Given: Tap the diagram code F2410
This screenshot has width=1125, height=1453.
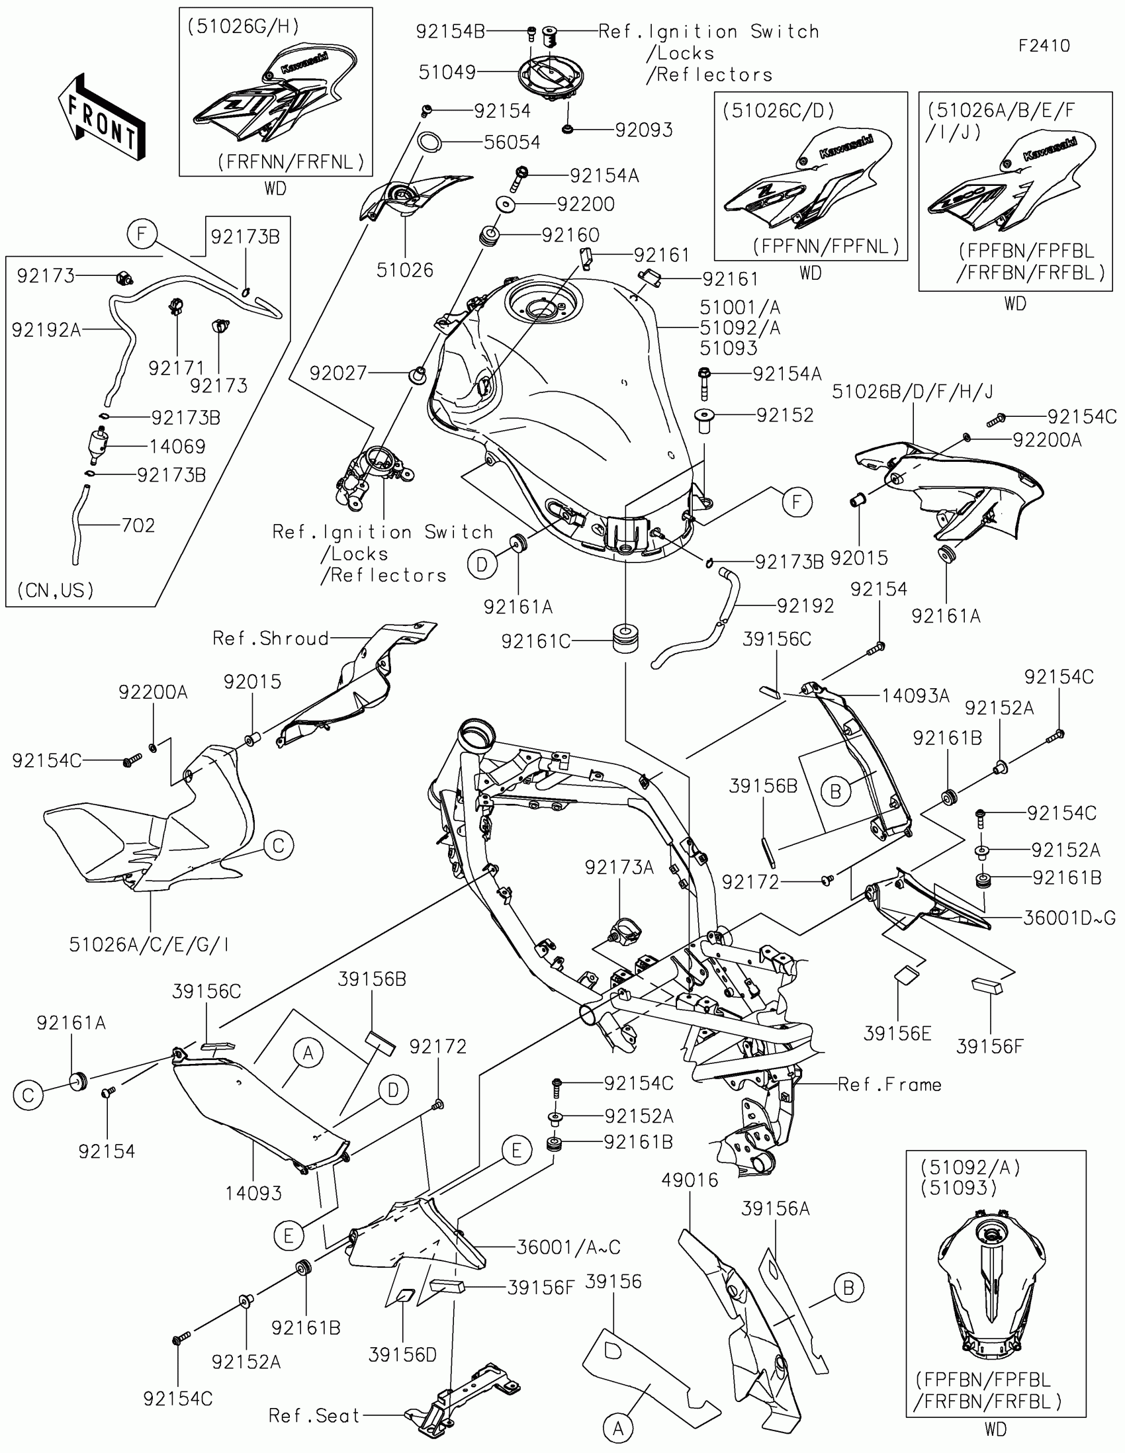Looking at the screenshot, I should (1044, 46).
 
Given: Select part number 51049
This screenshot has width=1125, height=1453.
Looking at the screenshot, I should (447, 72).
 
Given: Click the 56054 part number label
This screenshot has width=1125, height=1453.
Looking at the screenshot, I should (512, 142).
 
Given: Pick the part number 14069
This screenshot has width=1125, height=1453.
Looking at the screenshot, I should (177, 447).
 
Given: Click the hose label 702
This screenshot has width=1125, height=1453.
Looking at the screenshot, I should (138, 525).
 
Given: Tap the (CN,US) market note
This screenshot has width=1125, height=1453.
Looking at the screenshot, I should (55, 590).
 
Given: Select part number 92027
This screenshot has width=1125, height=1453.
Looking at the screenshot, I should (338, 373).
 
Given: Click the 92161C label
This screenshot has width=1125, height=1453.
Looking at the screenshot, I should (535, 641).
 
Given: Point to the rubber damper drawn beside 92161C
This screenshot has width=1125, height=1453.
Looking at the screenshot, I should (625, 638).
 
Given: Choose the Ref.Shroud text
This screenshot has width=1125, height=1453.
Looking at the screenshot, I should (270, 638).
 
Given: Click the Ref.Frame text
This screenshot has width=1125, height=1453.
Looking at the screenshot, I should (889, 1085).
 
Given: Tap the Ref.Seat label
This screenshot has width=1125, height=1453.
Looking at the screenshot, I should (314, 1416).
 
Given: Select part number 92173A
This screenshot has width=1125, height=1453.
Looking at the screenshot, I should (619, 867).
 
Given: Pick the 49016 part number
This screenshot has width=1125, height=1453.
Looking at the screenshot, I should (690, 1180).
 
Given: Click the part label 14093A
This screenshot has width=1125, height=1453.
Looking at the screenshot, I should (915, 696).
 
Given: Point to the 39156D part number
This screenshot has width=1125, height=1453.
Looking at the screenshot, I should (402, 1354).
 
